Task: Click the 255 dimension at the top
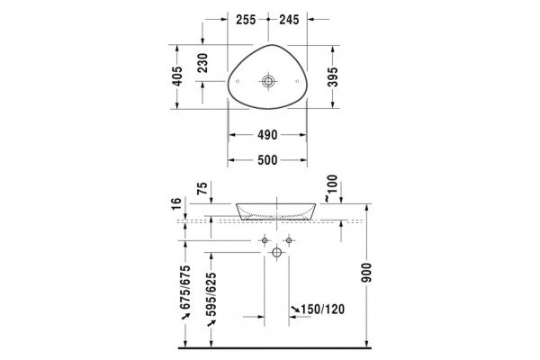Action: pyautogui.click(x=246, y=20)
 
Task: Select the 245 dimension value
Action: pyautogui.click(x=289, y=20)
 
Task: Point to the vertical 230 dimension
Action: pyautogui.click(x=203, y=63)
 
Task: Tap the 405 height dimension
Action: pyautogui.click(x=177, y=76)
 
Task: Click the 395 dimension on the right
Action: pyautogui.click(x=333, y=76)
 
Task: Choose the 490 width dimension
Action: pyautogui.click(x=267, y=135)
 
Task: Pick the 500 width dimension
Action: pyautogui.click(x=267, y=160)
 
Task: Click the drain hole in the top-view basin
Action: pyautogui.click(x=268, y=81)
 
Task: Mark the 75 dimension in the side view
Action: pyautogui.click(x=202, y=188)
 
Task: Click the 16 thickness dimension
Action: pyautogui.click(x=176, y=203)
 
